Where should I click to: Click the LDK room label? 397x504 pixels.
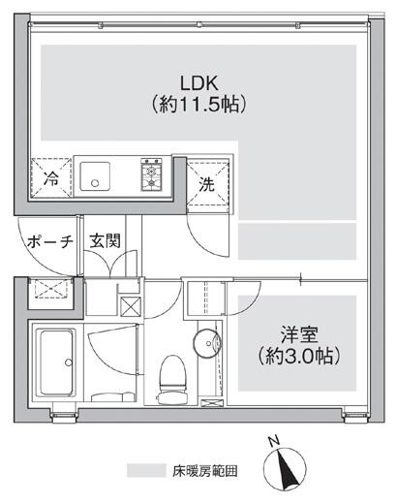[x=199, y=83]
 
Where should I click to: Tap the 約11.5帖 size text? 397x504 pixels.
[x=199, y=105]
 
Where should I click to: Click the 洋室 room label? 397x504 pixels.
[x=299, y=335]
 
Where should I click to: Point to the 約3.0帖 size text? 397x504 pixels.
[x=299, y=356]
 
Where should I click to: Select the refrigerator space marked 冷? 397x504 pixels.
[x=51, y=177]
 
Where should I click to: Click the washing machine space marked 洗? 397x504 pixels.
[x=208, y=183]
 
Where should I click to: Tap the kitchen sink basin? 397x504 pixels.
[x=95, y=176]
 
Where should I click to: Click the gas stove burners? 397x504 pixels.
[x=151, y=174]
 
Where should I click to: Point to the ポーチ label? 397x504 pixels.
[x=50, y=241]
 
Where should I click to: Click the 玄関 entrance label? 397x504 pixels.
[x=106, y=240]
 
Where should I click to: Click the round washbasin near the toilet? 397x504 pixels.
[x=207, y=342]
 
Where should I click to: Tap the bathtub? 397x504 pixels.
[x=56, y=362]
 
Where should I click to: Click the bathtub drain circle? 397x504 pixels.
[x=69, y=362]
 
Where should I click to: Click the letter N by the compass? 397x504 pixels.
[x=274, y=441]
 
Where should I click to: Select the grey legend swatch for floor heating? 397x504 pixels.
[x=146, y=470]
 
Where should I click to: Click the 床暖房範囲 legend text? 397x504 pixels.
[x=205, y=471]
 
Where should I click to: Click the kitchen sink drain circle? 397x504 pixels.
[x=95, y=183]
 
